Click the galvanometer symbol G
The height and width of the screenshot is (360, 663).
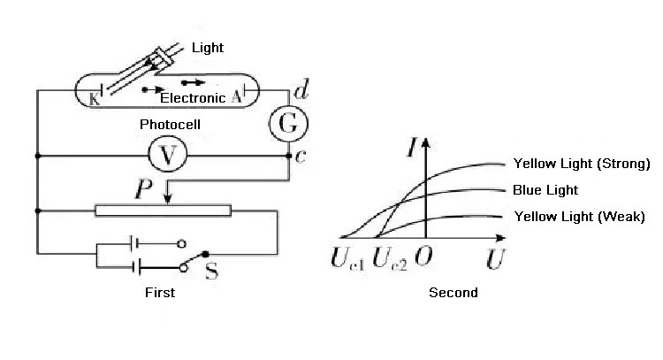(288, 124)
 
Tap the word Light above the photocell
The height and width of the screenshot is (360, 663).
(208, 47)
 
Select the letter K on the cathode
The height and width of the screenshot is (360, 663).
(95, 98)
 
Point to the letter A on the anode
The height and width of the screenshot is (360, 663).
(237, 97)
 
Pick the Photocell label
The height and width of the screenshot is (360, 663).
(170, 125)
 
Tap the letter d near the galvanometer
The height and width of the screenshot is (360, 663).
(302, 89)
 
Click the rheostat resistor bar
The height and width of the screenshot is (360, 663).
(163, 211)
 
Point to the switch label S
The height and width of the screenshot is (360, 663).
(213, 271)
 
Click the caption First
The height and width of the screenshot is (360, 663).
(159, 293)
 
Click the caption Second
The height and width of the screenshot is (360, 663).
(453, 293)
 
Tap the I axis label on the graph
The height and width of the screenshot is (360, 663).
(413, 149)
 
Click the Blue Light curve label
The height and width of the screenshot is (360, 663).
(545, 190)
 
